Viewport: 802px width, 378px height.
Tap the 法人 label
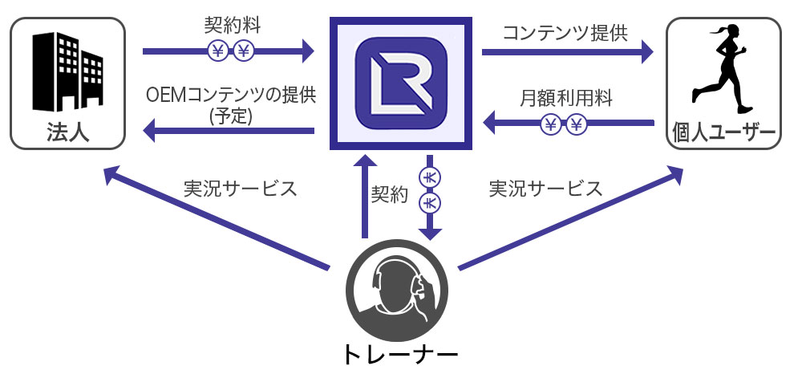[67, 132]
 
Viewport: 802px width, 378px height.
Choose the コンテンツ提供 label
[565, 32]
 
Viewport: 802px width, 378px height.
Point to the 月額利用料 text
[566, 99]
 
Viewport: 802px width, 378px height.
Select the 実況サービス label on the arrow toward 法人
[241, 189]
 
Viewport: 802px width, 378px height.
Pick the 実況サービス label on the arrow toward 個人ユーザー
[545, 189]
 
